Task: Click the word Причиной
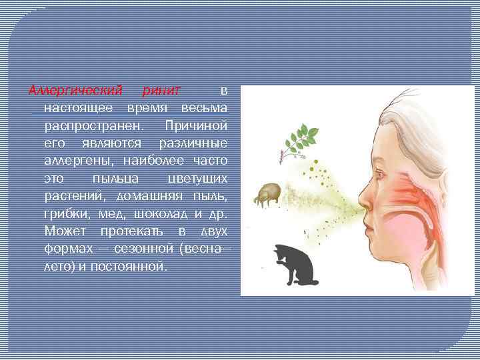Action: pyautogui.click(x=199, y=125)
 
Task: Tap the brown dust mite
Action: pyautogui.click(x=269, y=194)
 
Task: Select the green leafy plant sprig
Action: pyautogui.click(x=299, y=139)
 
